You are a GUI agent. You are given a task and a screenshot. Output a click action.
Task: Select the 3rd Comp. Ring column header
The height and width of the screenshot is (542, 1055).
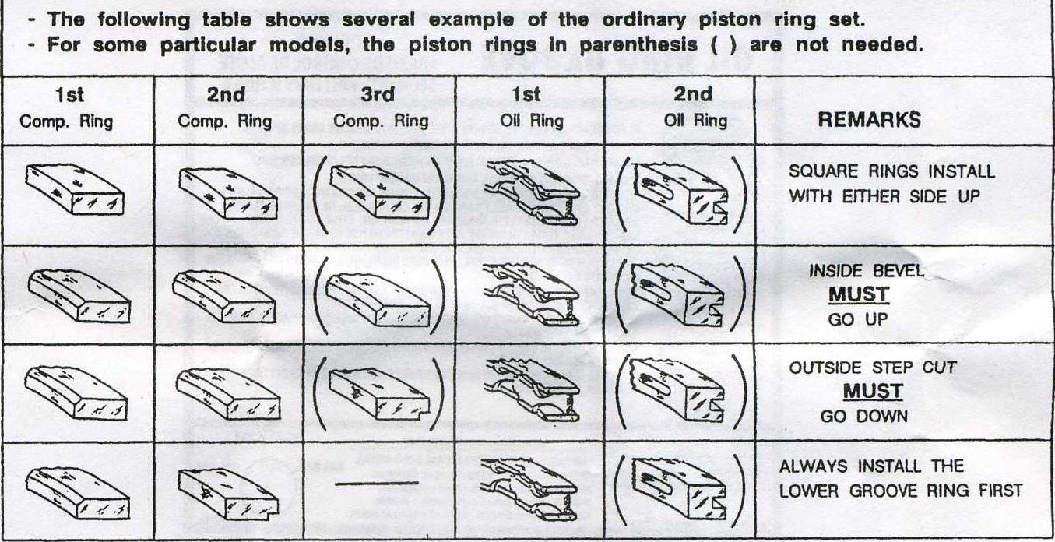379,107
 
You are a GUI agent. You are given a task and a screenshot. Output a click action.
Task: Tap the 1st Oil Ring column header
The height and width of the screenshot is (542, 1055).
527,107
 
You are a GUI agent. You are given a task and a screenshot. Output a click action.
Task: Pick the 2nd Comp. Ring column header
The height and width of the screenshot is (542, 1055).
226,107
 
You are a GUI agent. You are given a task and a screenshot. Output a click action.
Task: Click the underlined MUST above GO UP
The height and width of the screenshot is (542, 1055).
859,295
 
